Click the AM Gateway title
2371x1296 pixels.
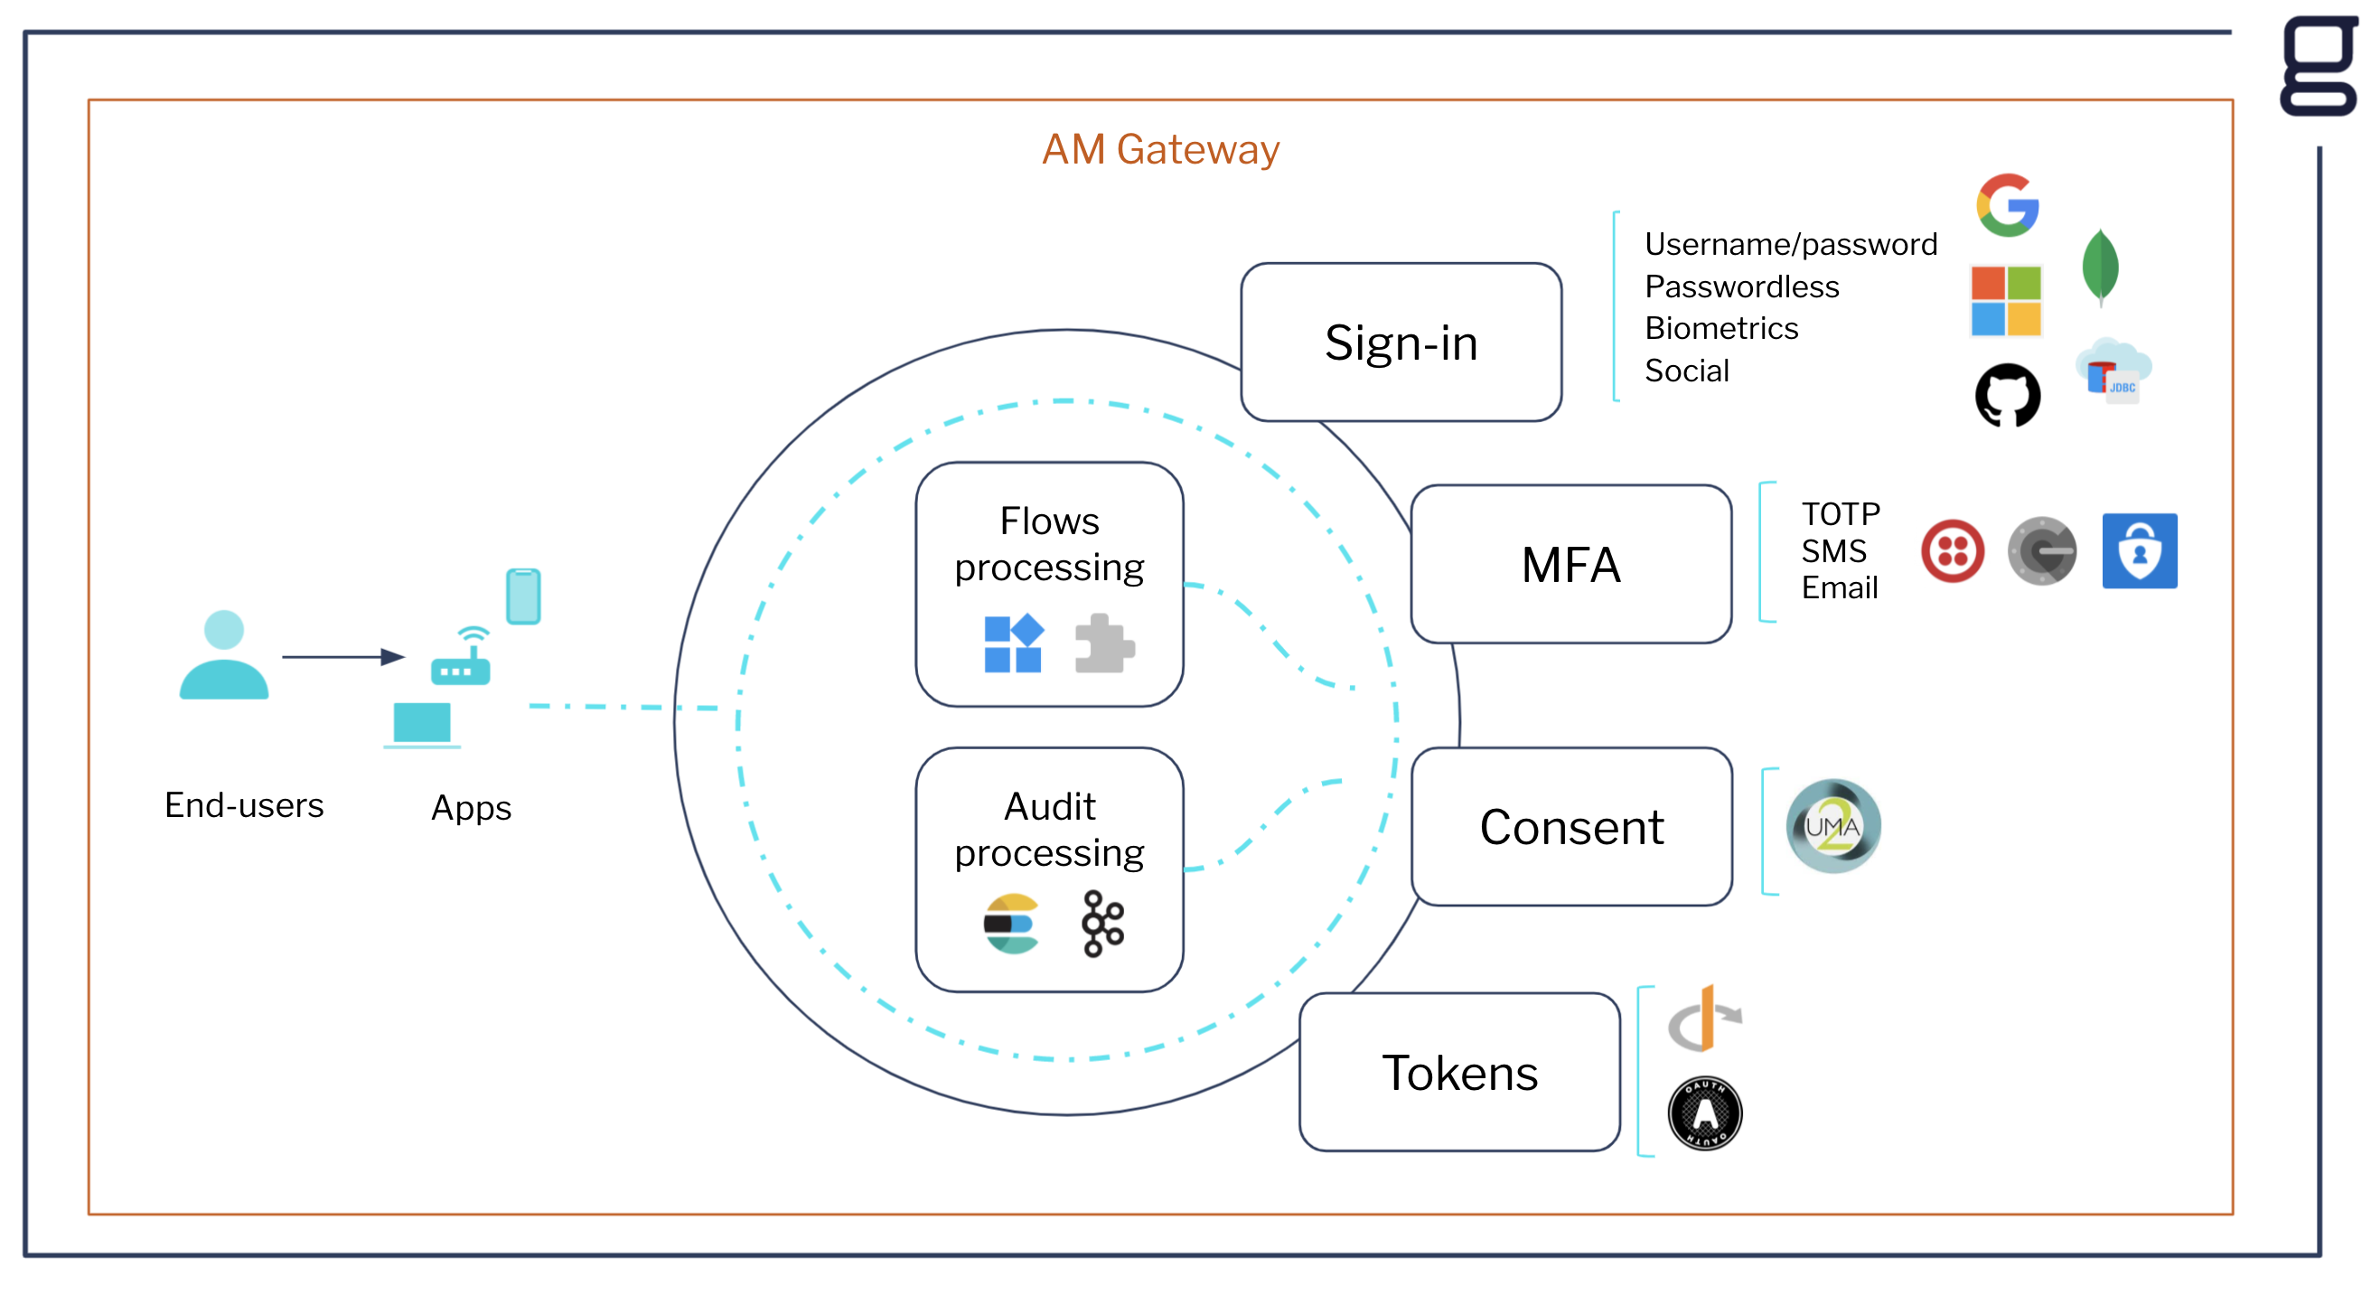click(x=1159, y=149)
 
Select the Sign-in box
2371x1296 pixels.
click(x=1400, y=343)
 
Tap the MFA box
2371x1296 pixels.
click(x=1570, y=564)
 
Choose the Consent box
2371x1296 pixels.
click(x=1571, y=827)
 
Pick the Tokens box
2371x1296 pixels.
click(x=1459, y=1073)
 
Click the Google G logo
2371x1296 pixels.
click(x=2008, y=204)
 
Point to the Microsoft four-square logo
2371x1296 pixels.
click(x=2006, y=301)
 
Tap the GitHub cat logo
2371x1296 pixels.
click(x=2008, y=396)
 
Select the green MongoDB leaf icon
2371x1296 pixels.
click(x=2101, y=267)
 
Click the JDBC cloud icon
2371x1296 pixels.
click(x=2114, y=371)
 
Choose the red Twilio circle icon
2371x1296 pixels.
click(x=1953, y=551)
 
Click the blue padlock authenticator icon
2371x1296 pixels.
click(x=2139, y=551)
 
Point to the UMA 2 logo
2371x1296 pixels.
click(x=1832, y=826)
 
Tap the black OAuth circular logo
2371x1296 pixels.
click(x=1705, y=1113)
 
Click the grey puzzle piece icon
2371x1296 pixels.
click(x=1103, y=643)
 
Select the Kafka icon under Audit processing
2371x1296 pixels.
click(x=1102, y=924)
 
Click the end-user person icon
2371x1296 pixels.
click(x=224, y=655)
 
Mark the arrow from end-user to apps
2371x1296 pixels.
click(x=342, y=656)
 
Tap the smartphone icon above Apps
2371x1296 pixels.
click(x=523, y=596)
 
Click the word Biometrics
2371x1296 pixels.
click(x=1721, y=329)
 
